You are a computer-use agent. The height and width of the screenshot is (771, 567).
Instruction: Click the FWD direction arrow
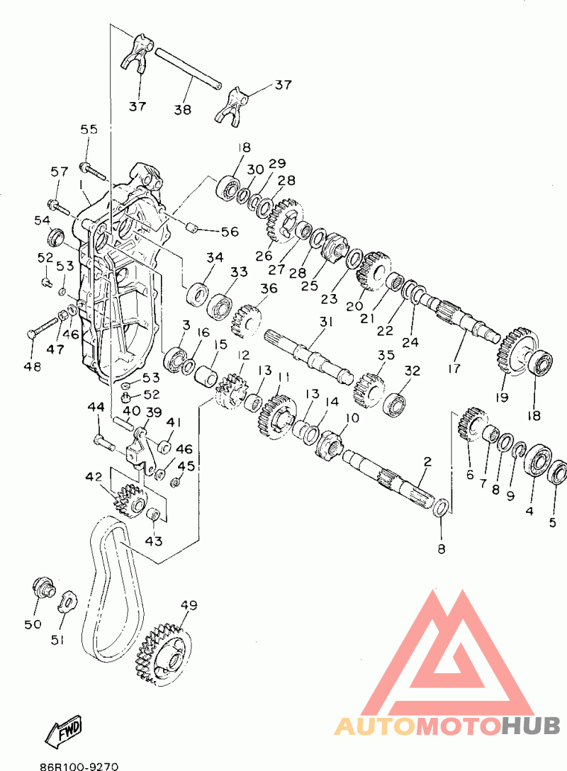click(x=64, y=729)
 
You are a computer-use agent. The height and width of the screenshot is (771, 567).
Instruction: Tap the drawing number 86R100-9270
click(x=79, y=766)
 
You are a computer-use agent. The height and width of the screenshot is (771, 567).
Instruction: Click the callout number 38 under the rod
click(x=182, y=108)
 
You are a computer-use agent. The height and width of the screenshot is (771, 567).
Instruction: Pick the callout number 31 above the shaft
click(x=326, y=322)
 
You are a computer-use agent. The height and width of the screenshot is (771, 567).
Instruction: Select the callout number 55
click(x=89, y=129)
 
